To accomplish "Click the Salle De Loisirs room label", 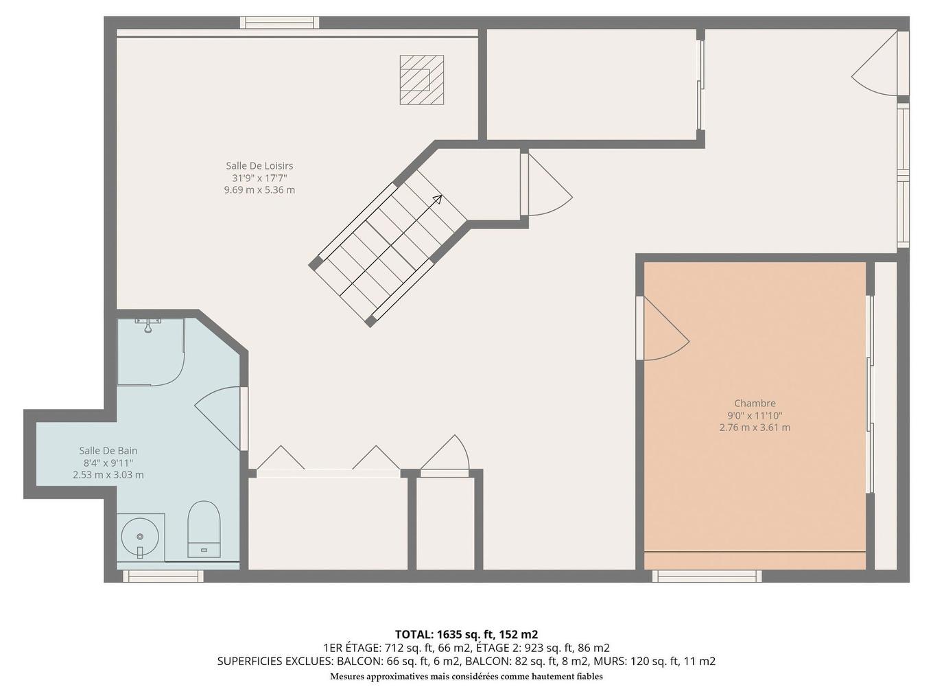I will [259, 165].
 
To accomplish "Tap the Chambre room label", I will [755, 404].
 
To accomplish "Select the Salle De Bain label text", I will [108, 451].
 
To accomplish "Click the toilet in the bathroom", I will [204, 529].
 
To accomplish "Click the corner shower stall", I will [149, 351].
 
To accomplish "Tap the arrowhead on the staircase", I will [437, 199].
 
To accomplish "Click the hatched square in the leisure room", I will [421, 80].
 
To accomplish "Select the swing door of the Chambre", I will [663, 329].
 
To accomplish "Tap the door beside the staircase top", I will [546, 185].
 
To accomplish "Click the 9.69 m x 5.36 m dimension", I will [259, 190].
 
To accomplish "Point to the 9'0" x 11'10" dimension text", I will [755, 416].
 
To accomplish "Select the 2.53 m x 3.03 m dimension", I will [108, 475].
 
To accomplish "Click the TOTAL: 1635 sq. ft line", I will [466, 634].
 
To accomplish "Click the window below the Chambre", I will [706, 576].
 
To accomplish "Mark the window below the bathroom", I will [163, 576].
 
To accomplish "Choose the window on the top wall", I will [279, 23].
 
